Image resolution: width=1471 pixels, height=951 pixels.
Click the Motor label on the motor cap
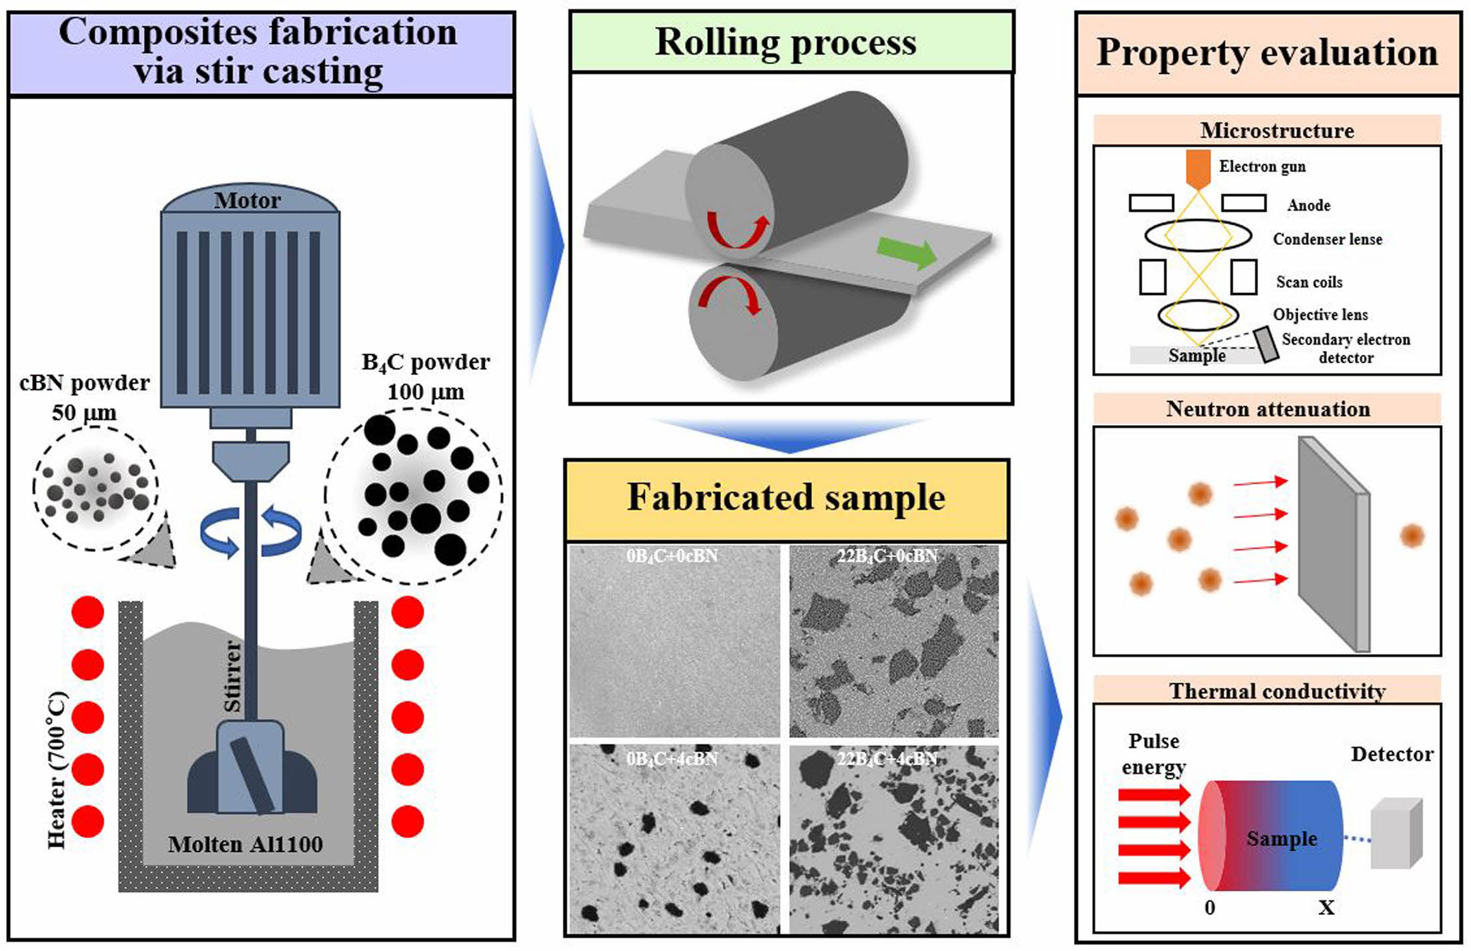click(248, 200)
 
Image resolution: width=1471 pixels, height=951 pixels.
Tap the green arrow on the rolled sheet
click(907, 252)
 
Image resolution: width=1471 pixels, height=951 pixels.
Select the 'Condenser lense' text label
click(1327, 239)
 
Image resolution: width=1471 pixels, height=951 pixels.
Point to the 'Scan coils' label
click(1309, 282)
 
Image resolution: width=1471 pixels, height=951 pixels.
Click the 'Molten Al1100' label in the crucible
click(245, 844)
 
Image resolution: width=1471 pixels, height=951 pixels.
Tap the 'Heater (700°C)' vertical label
click(57, 771)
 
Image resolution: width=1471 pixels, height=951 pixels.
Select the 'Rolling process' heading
click(786, 42)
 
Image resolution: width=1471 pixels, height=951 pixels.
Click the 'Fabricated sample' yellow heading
click(786, 498)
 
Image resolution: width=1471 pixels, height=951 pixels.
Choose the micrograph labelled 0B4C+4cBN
click(674, 839)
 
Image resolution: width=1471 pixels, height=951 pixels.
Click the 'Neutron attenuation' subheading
click(1268, 408)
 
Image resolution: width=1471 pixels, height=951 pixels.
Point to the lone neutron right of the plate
click(1412, 535)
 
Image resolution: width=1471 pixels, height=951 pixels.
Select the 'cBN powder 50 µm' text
click(85, 397)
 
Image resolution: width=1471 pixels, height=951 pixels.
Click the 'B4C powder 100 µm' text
click(426, 376)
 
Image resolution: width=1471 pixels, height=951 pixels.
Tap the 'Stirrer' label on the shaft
click(232, 676)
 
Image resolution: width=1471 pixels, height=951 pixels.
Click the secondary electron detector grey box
click(1266, 345)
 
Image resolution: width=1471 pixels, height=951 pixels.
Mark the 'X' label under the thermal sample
click(1326, 908)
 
